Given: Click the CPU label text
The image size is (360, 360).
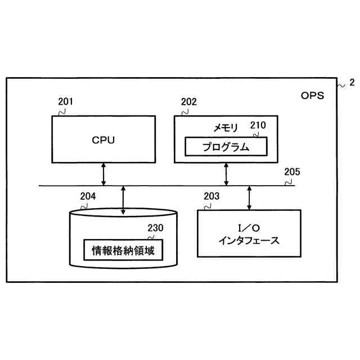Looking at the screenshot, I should click(x=103, y=140).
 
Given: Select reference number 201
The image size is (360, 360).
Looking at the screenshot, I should click(x=66, y=102).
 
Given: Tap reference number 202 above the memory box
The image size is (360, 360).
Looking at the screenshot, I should click(x=189, y=102).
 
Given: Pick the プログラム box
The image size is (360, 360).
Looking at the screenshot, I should click(x=226, y=147).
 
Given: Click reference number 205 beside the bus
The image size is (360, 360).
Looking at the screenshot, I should click(x=292, y=172).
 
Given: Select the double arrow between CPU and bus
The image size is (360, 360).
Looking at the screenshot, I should click(x=103, y=174).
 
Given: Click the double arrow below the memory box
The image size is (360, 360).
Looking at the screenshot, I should click(x=227, y=174).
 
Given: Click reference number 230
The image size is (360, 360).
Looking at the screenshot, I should click(x=155, y=228).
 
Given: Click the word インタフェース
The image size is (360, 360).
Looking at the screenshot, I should click(x=249, y=241).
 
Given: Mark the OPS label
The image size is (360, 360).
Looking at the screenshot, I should click(x=312, y=95).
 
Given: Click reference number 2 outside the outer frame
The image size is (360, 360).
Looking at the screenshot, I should click(x=352, y=82).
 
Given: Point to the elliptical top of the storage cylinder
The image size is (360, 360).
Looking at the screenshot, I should click(x=123, y=214).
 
